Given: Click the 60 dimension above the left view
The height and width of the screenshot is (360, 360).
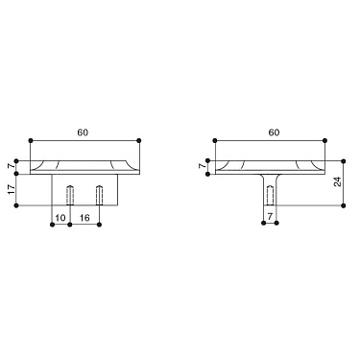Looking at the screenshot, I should click(85, 131).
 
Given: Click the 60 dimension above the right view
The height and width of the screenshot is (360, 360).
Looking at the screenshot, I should click(273, 131).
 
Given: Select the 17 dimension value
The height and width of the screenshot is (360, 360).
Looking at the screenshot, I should click(11, 190).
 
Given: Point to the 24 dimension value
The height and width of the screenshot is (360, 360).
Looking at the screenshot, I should click(338, 180).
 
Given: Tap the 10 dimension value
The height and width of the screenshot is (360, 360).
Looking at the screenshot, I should click(60, 219).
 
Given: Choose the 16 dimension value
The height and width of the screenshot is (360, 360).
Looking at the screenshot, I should click(84, 219).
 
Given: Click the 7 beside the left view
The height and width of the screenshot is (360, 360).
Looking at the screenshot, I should click(12, 164).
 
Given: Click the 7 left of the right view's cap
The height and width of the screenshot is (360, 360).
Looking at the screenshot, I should click(201, 165).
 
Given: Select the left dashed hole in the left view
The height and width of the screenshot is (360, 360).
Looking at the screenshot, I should click(69, 194).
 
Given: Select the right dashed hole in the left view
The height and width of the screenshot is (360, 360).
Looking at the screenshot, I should click(100, 194).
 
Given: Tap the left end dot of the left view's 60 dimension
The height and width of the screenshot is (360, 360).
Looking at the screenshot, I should click(32, 140).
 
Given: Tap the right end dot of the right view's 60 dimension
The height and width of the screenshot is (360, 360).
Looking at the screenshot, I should click(327, 140).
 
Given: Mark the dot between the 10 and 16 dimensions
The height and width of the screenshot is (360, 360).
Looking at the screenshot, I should click(69, 226).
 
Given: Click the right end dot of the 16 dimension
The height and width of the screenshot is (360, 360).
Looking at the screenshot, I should click(100, 226).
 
